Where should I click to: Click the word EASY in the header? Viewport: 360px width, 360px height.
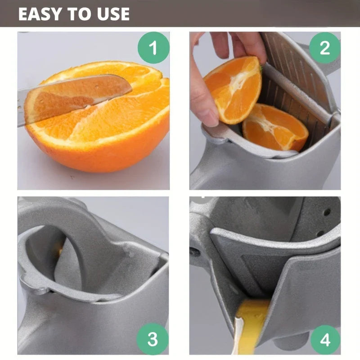coord(40,14)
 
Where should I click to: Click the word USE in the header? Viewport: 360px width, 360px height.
coord(113,14)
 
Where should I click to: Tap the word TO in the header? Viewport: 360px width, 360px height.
coord(79,14)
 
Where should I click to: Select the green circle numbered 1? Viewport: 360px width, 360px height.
coord(153,48)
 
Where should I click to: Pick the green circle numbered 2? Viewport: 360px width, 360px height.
coord(324,48)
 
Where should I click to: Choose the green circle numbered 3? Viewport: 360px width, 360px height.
coord(153,339)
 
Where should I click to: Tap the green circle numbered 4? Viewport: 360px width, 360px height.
coord(325,340)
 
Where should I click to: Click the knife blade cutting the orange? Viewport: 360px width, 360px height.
coord(76,94)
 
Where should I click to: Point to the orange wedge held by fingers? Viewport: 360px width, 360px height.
coord(233,90)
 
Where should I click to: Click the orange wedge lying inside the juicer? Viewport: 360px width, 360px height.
coord(275,127)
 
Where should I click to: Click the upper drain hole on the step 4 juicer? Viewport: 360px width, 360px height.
coord(327,212)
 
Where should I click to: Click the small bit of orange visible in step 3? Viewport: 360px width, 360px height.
coord(60,251)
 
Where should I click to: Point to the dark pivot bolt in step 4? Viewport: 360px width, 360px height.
coord(194,252)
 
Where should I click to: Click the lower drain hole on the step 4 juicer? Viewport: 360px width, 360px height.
coord(320,234)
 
